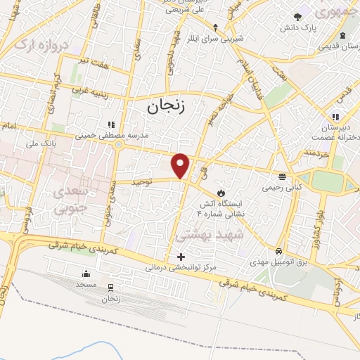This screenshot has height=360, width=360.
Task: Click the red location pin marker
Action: pos(181,165)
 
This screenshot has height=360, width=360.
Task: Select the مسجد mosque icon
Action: pos(86,274)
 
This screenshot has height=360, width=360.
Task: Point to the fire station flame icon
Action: pos(221,192)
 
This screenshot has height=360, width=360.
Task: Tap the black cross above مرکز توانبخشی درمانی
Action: pos(181,257)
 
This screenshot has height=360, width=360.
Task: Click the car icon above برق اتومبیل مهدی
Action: pos(279,250)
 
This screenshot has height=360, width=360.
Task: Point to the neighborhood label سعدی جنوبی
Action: pos(72,200)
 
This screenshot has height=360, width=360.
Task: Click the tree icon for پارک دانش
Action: pos(298,15)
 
